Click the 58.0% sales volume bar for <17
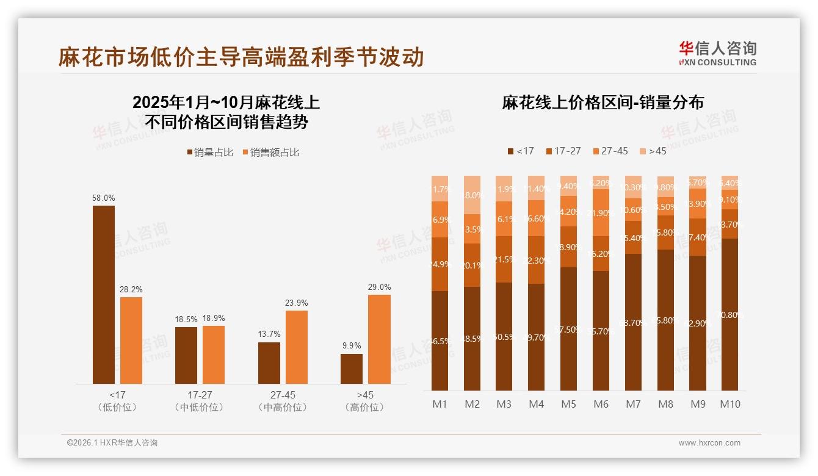tap(104, 295)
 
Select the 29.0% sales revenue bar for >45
tap(379, 339)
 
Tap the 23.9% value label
tap(297, 303)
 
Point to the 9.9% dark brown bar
tap(352, 369)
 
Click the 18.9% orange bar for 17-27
tap(214, 355)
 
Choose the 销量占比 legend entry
tap(210, 153)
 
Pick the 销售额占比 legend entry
tap(271, 153)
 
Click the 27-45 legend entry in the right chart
tap(610, 151)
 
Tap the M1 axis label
tap(440, 404)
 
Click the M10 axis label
tap(729, 404)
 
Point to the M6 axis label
tap(601, 404)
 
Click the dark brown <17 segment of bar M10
tap(729, 314)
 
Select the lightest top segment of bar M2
tap(472, 195)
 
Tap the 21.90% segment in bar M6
tap(601, 212)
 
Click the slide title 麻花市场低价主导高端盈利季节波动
tap(241, 57)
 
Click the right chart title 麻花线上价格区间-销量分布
tap(603, 103)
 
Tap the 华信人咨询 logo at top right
tap(717, 52)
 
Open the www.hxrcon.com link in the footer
tap(709, 443)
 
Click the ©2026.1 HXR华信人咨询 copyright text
tap(112, 443)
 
